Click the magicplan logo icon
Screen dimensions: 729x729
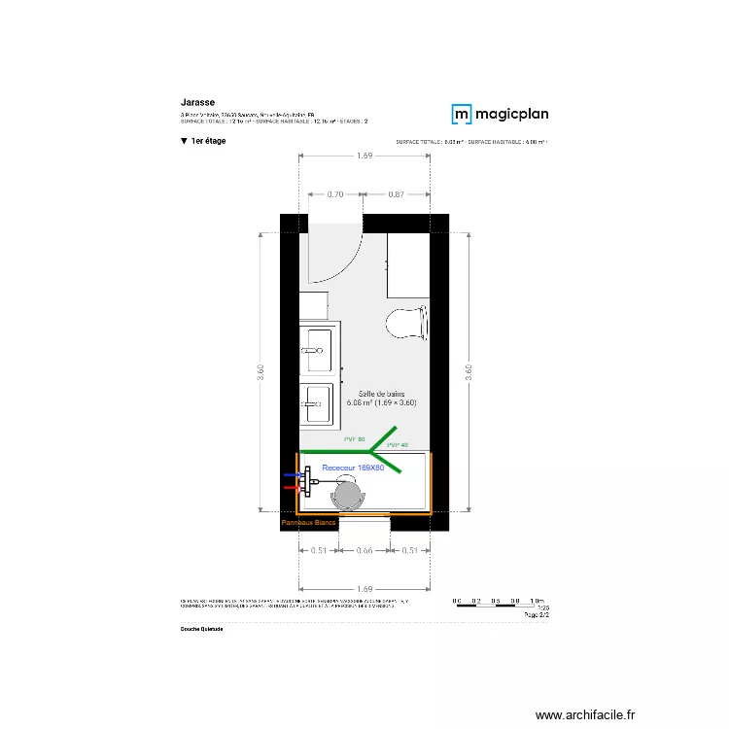(x=462, y=114)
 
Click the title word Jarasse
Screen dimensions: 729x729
(x=197, y=101)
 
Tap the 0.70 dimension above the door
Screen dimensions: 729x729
(x=335, y=194)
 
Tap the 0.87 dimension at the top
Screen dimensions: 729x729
(x=396, y=194)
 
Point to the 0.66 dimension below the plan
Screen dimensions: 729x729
(x=364, y=551)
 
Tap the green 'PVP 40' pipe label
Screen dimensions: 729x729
(x=399, y=445)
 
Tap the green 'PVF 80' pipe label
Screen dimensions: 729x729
(x=355, y=439)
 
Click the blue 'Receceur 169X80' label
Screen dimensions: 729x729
(x=354, y=468)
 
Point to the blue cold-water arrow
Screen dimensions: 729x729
(x=292, y=475)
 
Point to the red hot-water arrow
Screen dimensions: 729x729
(x=292, y=487)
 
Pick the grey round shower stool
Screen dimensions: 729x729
(x=348, y=495)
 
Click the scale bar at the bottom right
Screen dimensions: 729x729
(x=502, y=601)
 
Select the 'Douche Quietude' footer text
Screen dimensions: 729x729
(x=201, y=629)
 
